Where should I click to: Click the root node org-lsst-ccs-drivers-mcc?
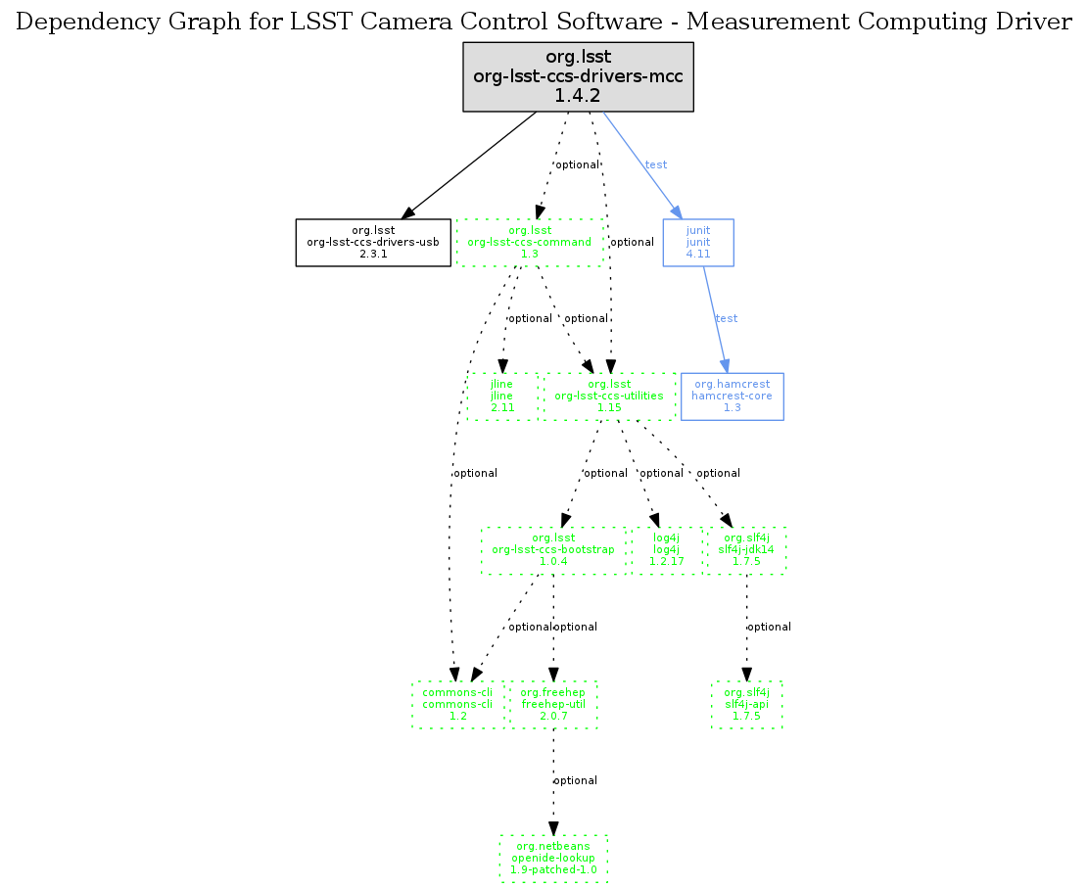[578, 76]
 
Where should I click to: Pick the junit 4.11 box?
[698, 243]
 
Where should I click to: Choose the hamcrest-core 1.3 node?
[732, 397]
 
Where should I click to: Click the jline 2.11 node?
[502, 397]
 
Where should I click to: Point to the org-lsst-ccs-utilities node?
[610, 397]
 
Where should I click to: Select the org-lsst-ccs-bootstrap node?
[553, 550]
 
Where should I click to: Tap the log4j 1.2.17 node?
[666, 550]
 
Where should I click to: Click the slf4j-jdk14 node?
[747, 550]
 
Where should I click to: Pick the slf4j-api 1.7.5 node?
[747, 704]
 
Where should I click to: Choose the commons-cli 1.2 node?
[457, 704]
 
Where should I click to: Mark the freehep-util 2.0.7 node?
[553, 704]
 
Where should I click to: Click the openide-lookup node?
[553, 858]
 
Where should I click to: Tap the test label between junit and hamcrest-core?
[727, 319]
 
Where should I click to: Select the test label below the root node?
[656, 164]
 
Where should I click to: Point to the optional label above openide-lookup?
[576, 780]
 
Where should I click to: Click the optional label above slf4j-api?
[770, 627]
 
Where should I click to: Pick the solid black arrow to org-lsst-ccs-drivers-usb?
[469, 165]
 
